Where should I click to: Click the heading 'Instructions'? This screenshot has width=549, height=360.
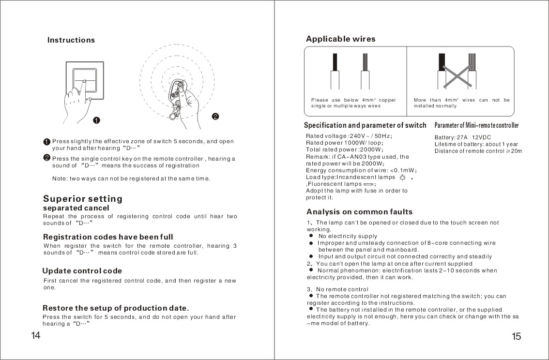[71, 40]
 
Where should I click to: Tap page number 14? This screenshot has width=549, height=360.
[35, 336]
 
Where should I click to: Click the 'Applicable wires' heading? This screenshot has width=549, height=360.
[340, 39]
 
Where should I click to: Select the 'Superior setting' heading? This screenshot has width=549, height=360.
[83, 199]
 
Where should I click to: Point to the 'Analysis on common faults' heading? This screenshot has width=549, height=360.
[359, 212]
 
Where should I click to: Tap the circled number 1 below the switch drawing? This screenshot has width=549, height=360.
[96, 120]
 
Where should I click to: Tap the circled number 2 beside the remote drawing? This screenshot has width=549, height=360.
[215, 116]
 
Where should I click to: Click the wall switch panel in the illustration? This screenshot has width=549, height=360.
[85, 80]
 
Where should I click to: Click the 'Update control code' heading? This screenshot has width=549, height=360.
[82, 271]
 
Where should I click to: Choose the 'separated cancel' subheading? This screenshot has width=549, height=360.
[76, 208]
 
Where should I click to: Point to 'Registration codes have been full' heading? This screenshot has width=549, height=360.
[108, 237]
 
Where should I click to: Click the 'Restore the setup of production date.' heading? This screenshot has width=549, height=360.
[116, 308]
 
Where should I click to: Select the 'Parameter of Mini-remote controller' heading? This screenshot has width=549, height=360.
[476, 126]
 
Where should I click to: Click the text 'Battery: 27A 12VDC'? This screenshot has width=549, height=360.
[463, 137]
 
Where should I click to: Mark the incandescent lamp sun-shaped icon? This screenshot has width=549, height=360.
[402, 178]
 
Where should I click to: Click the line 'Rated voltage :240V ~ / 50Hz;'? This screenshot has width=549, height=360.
[349, 136]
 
